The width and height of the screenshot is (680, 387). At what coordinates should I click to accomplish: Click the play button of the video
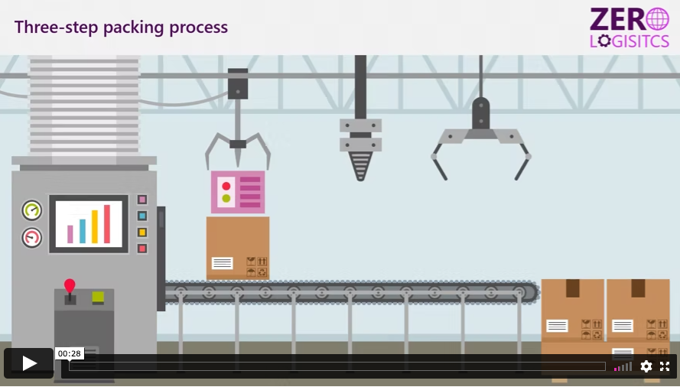pyautogui.click(x=29, y=363)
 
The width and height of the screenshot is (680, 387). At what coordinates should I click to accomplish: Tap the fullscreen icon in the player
pyautogui.click(x=665, y=366)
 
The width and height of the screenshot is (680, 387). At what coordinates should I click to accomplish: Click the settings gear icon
pyautogui.click(x=646, y=366)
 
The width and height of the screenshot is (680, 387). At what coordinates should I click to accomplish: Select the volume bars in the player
pyautogui.click(x=623, y=366)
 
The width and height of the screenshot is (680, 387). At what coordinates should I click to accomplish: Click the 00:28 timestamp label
pyautogui.click(x=69, y=353)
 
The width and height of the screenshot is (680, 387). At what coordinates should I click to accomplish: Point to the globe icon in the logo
pyautogui.click(x=657, y=19)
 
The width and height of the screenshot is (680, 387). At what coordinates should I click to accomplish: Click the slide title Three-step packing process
pyautogui.click(x=121, y=27)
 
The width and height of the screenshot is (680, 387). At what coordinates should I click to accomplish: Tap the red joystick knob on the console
pyautogui.click(x=70, y=285)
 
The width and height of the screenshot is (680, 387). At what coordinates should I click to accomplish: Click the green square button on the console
pyautogui.click(x=98, y=297)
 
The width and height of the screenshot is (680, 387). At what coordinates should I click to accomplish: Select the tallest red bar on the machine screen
pyautogui.click(x=108, y=224)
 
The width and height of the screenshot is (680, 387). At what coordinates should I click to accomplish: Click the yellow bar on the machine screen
pyautogui.click(x=95, y=226)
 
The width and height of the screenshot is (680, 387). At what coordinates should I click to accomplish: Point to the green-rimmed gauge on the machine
pyautogui.click(x=32, y=210)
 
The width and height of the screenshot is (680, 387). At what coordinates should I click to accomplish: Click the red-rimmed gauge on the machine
pyautogui.click(x=32, y=238)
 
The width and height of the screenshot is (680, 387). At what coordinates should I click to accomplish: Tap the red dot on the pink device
pyautogui.click(x=226, y=186)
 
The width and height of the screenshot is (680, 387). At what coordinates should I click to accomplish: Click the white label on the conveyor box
pyautogui.click(x=222, y=263)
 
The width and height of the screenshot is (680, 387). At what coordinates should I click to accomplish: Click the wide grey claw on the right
pyautogui.click(x=480, y=138)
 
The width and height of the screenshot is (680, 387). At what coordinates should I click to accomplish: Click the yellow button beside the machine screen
pyautogui.click(x=142, y=233)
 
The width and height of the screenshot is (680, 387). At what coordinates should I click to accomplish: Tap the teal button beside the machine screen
pyautogui.click(x=142, y=216)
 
